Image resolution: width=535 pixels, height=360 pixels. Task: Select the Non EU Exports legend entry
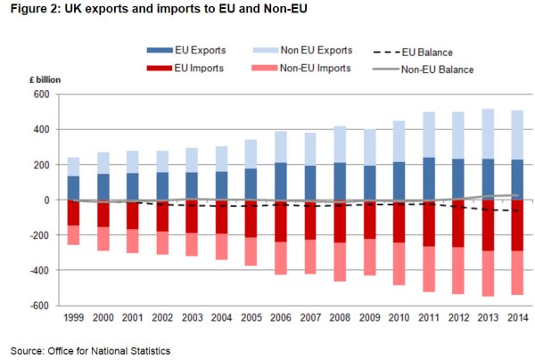305,50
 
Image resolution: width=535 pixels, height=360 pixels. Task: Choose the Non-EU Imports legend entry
306,68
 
